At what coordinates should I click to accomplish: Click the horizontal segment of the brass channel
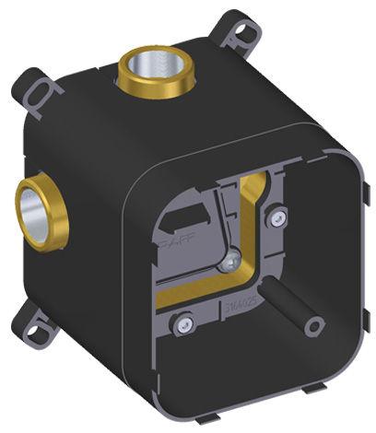click(x=203, y=296)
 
